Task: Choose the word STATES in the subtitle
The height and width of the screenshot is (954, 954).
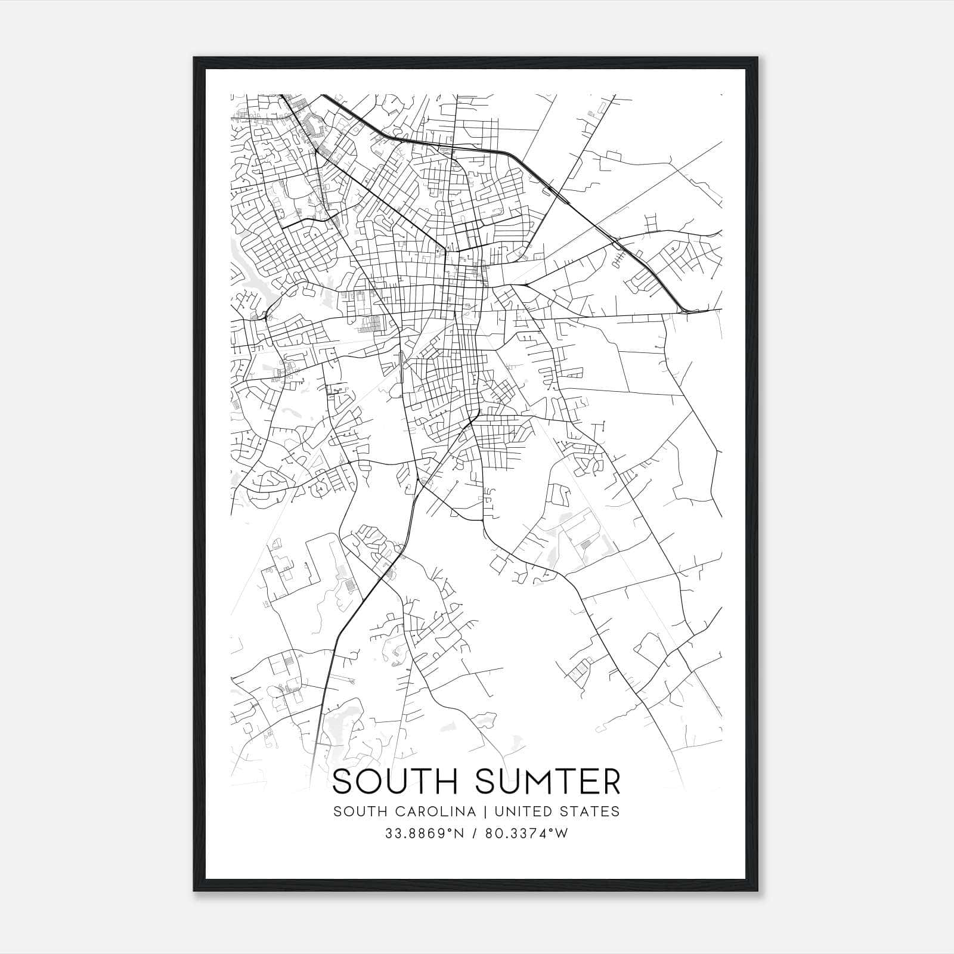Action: [x=590, y=811]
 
